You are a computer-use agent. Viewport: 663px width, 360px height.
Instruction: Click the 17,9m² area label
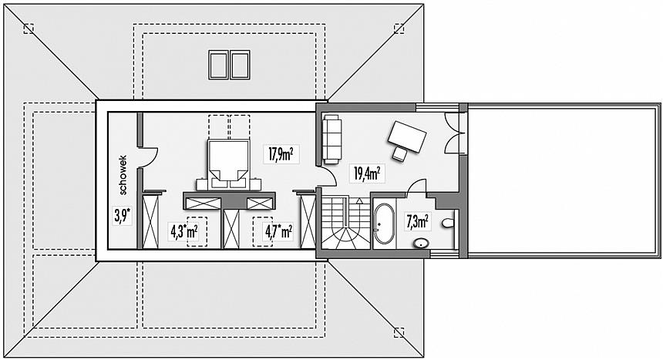281,154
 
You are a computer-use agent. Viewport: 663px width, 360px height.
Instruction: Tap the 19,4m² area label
367,173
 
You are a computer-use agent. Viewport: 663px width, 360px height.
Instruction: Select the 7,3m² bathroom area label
417,222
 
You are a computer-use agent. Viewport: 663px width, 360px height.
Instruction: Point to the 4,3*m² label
184,231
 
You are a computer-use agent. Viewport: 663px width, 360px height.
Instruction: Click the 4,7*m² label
278,231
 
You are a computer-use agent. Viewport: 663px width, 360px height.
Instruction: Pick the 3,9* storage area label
122,216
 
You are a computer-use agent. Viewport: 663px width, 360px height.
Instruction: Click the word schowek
123,175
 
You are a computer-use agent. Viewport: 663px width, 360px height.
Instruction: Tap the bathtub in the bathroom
384,224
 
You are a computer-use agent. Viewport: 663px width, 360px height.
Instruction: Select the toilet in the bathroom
447,223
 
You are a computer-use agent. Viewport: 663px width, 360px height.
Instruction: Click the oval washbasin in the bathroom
421,243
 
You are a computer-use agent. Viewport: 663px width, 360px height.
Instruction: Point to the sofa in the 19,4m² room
332,140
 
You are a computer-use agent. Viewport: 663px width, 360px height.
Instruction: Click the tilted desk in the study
407,136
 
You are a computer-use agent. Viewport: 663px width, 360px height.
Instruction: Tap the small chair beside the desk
399,154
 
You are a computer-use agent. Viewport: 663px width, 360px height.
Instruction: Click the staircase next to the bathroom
346,222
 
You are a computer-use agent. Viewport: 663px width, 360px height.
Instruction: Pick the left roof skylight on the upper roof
219,64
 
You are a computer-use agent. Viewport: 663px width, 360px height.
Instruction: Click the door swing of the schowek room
150,157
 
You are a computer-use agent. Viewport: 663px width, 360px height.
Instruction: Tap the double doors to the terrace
454,132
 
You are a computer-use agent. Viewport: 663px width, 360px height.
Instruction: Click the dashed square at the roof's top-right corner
399,29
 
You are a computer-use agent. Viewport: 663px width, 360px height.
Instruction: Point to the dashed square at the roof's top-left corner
29,29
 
